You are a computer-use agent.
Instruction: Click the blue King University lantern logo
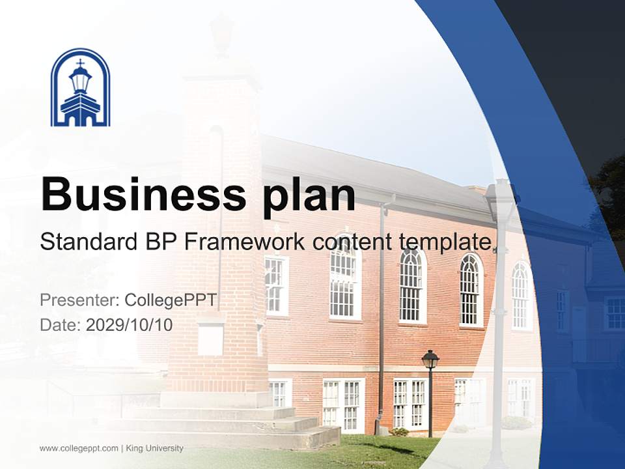[80, 87]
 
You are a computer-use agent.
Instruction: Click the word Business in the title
[139, 194]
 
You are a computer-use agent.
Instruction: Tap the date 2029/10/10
[130, 324]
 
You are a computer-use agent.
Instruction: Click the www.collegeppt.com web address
[79, 448]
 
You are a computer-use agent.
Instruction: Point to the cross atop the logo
[80, 63]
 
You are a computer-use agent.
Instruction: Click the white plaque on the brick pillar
[210, 339]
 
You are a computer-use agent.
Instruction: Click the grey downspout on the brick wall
[382, 313]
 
